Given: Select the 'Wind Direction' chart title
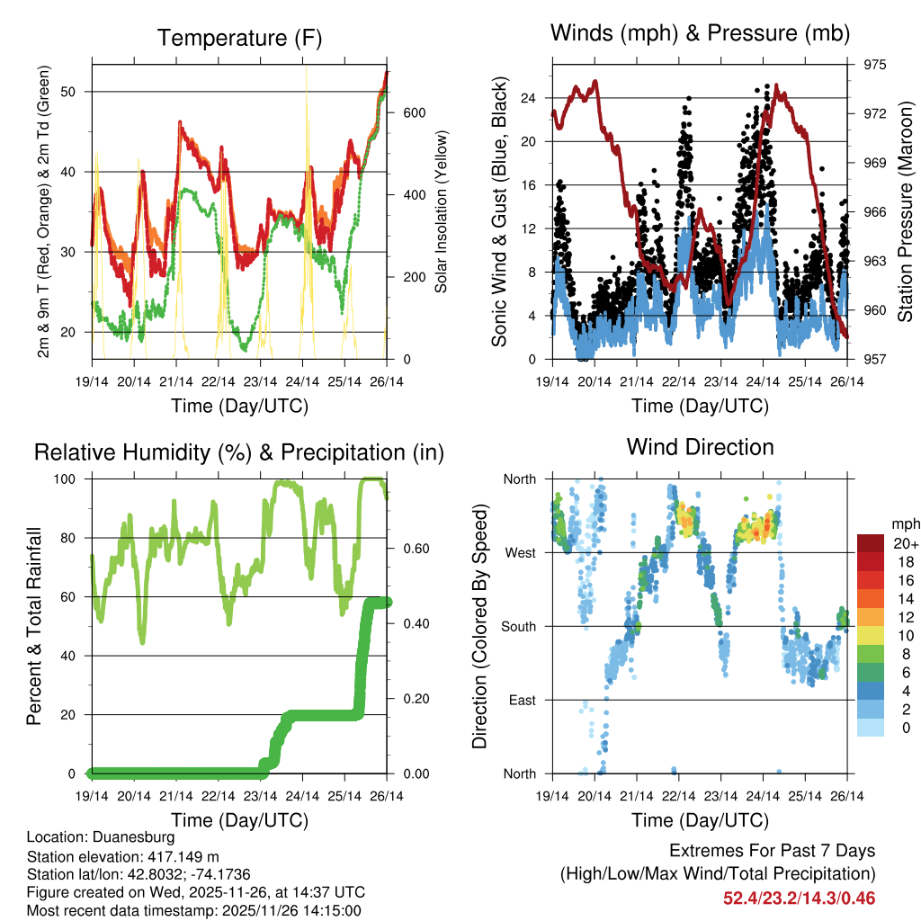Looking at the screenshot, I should (x=700, y=446).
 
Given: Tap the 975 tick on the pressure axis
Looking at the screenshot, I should (x=876, y=65).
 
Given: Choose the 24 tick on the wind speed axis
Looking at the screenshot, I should (x=529, y=97).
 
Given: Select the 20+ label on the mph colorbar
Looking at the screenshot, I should (x=904, y=543).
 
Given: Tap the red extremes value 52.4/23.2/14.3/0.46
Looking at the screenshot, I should (x=799, y=898).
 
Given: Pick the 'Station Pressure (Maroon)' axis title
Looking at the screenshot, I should (x=905, y=211).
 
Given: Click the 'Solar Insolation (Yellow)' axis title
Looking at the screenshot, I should (x=442, y=212).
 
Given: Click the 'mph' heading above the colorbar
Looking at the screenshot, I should (x=904, y=523).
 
